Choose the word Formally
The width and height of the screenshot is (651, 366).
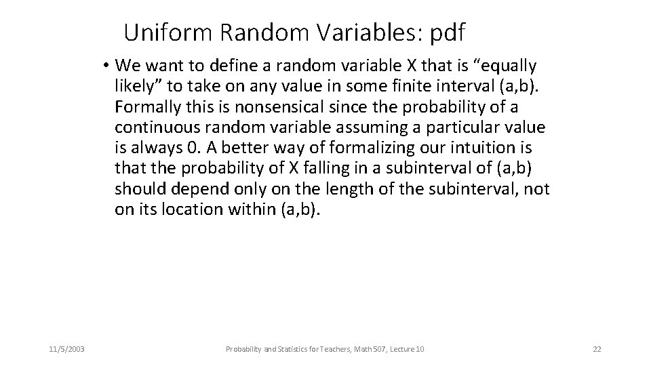145,107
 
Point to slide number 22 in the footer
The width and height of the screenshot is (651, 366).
597,349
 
